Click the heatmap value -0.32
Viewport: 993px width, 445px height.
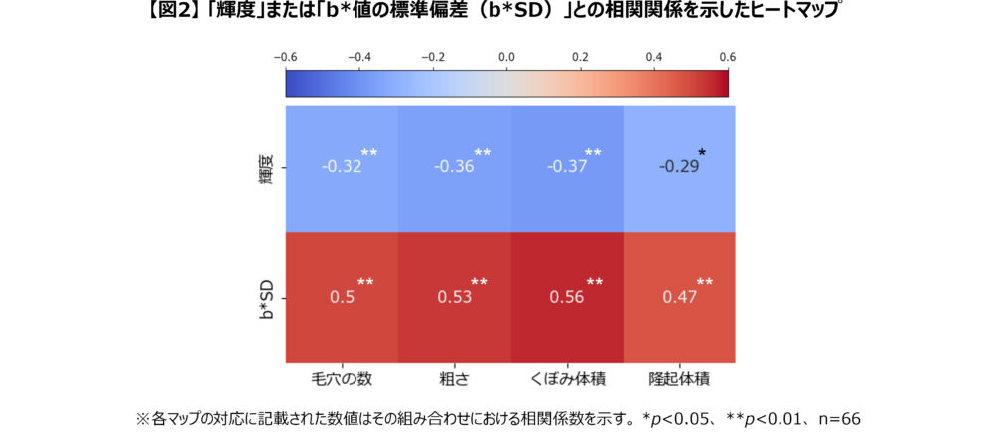[341, 166]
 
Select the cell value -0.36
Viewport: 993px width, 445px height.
[454, 166]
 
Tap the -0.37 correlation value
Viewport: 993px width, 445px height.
[566, 166]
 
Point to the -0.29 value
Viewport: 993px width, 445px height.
[678, 166]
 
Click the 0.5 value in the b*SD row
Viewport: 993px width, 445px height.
[341, 296]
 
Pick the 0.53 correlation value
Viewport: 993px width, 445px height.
[454, 296]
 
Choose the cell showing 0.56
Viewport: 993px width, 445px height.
[566, 296]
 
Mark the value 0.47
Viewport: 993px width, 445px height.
[678, 296]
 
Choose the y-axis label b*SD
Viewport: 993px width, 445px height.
[265, 296]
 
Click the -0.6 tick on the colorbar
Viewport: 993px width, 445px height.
[285, 57]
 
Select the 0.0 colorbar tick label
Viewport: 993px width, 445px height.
[506, 57]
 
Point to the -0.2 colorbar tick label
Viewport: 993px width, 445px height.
[433, 57]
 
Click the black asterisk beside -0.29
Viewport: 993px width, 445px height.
[703, 152]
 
